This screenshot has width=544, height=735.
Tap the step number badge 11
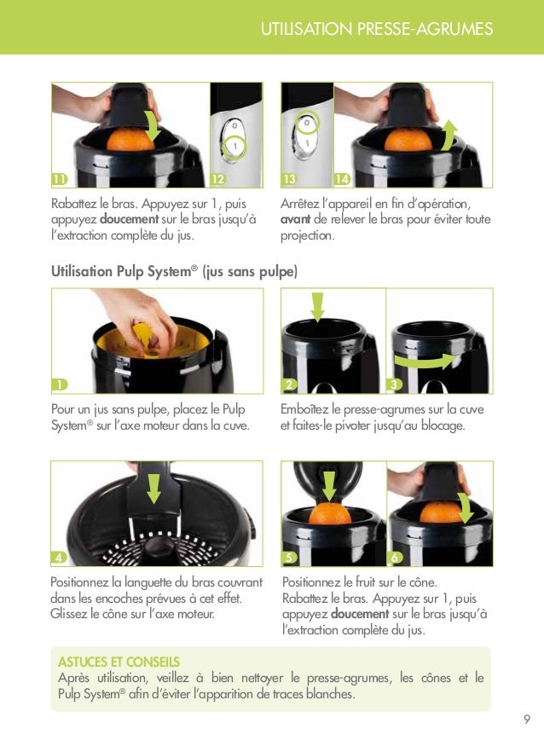[59, 179]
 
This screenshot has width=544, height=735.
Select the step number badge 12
[217, 179]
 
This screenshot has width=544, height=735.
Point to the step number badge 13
[289, 179]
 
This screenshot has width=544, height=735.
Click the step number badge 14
[342, 179]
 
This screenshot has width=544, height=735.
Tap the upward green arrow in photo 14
[450, 134]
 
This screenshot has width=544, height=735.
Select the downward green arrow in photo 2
[317, 306]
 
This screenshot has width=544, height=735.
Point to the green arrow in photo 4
[153, 489]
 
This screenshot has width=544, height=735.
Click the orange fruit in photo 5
[327, 513]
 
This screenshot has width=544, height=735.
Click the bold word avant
[296, 220]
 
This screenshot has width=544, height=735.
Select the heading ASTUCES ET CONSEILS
[119, 662]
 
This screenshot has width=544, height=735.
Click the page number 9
[527, 718]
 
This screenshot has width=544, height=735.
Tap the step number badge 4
[58, 558]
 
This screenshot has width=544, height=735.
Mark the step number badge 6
[395, 558]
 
